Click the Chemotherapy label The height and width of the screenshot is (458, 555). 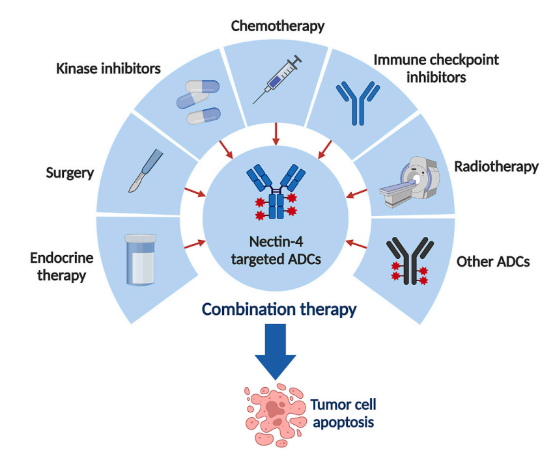(x=278, y=27)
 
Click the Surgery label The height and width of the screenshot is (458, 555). (x=71, y=173)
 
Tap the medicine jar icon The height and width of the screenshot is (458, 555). (x=139, y=260)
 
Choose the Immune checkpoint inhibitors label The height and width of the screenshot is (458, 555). (x=436, y=68)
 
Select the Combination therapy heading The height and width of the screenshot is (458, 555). (x=279, y=309)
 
